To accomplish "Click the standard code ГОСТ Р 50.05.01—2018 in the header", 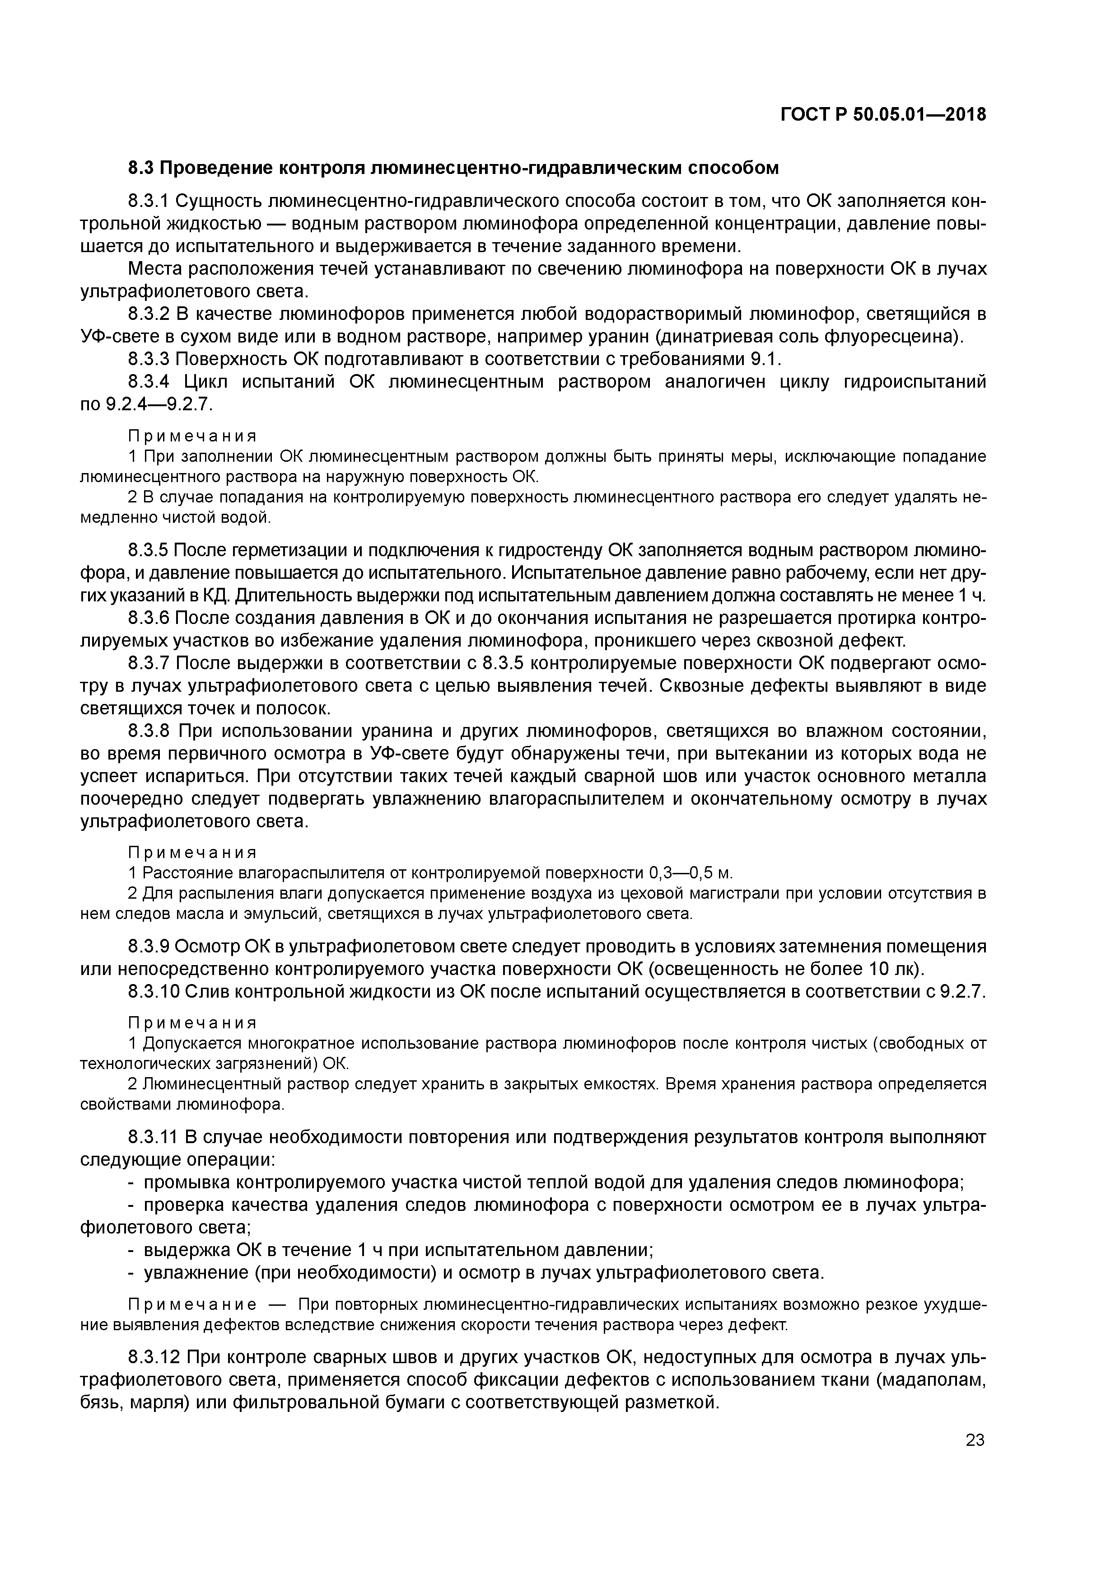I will [883, 115].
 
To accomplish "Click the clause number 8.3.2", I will [149, 314].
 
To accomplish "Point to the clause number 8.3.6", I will [149, 618].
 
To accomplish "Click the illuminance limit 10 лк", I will [893, 969].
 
